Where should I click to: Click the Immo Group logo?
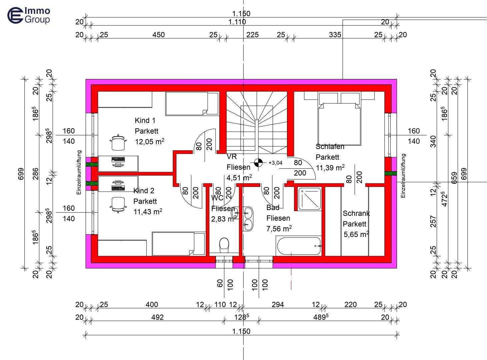pyautogui.click(x=29, y=16)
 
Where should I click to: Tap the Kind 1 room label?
pyautogui.click(x=145, y=120)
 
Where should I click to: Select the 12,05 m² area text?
pyautogui.click(x=149, y=142)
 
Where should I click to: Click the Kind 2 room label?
pyautogui.click(x=144, y=191)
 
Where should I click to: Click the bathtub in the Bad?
pyautogui.click(x=299, y=246)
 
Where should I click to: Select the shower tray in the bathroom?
pyautogui.click(x=310, y=199)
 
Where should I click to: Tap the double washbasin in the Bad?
pyautogui.click(x=248, y=219)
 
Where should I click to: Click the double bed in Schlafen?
pyautogui.click(x=339, y=123)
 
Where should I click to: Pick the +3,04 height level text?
pyautogui.click(x=275, y=163)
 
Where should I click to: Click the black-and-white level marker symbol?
pyautogui.click(x=258, y=163)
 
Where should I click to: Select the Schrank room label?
pyautogui.click(x=356, y=213)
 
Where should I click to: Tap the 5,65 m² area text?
pyautogui.click(x=356, y=234)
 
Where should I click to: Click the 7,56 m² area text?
pyautogui.click(x=279, y=229)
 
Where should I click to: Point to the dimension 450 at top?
pyautogui.click(x=158, y=35)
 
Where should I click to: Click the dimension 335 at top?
pyautogui.click(x=335, y=35)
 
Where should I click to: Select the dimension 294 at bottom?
pyautogui.click(x=278, y=304)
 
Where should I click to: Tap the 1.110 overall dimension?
pyautogui.click(x=237, y=22)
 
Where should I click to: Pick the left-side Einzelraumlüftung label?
pyautogui.click(x=79, y=172)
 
